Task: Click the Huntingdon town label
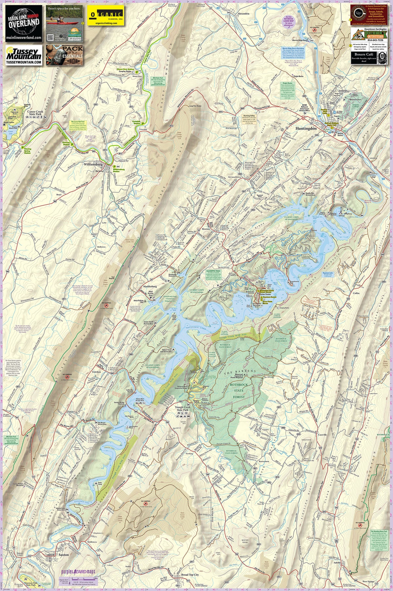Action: (x=306, y=129)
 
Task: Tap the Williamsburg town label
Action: (x=93, y=164)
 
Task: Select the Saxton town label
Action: (x=64, y=555)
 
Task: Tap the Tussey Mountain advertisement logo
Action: (x=24, y=55)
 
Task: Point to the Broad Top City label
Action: (x=190, y=575)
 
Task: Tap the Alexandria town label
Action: (x=243, y=14)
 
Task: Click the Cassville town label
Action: (x=322, y=435)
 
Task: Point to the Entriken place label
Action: (x=96, y=372)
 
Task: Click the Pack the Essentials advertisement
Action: (x=65, y=55)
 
